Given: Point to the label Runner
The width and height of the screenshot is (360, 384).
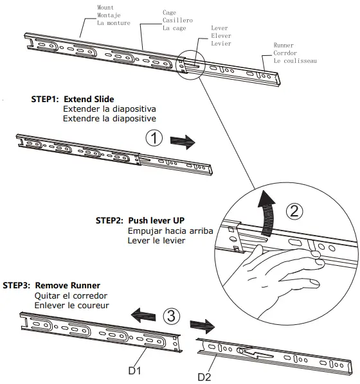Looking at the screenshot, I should (x=284, y=46).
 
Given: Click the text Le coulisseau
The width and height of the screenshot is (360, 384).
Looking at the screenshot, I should (x=295, y=61).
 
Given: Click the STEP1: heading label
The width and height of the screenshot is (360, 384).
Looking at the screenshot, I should (x=46, y=100).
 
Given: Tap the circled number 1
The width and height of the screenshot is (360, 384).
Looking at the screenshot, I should (x=154, y=138).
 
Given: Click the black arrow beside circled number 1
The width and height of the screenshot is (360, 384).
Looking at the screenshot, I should (x=182, y=141).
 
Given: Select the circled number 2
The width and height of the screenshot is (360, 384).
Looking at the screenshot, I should (x=293, y=211).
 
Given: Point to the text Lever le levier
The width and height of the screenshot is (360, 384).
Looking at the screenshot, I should (x=157, y=240).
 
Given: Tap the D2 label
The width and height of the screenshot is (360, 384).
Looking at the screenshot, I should (x=204, y=376).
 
